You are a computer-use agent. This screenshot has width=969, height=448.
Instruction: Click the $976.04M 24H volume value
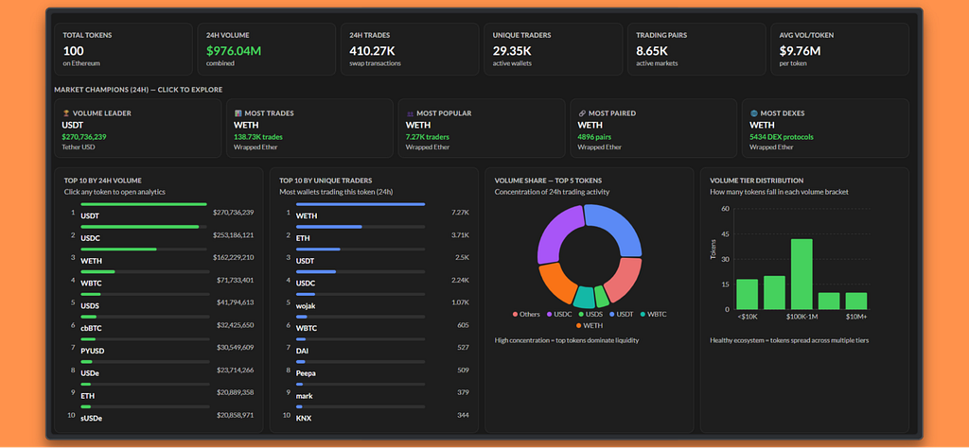(x=234, y=51)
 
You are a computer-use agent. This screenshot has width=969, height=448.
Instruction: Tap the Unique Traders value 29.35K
(x=512, y=51)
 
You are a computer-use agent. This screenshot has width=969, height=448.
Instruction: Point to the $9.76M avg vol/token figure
(x=800, y=51)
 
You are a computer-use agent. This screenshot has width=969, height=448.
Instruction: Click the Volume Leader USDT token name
(x=72, y=126)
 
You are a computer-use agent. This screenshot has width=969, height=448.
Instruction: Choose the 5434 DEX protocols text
(x=782, y=137)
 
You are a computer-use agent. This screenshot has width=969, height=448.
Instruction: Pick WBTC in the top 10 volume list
(x=91, y=284)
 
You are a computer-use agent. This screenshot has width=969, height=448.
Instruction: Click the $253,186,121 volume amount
(x=234, y=235)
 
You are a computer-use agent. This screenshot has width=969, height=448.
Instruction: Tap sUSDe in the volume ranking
(x=92, y=418)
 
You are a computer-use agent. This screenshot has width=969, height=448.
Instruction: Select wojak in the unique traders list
(x=306, y=305)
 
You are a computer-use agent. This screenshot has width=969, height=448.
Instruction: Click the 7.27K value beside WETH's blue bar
(x=461, y=213)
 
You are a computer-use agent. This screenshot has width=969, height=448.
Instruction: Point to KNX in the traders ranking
(x=304, y=418)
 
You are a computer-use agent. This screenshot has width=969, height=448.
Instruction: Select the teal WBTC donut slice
(x=584, y=297)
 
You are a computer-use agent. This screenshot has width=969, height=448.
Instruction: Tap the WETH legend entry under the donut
(x=590, y=325)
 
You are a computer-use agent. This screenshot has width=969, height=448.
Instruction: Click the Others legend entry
(x=526, y=314)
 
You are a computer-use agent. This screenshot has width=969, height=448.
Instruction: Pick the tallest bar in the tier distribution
(x=802, y=274)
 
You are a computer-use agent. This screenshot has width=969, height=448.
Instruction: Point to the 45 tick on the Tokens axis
(x=725, y=233)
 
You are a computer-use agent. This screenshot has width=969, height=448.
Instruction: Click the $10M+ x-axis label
(x=855, y=318)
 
